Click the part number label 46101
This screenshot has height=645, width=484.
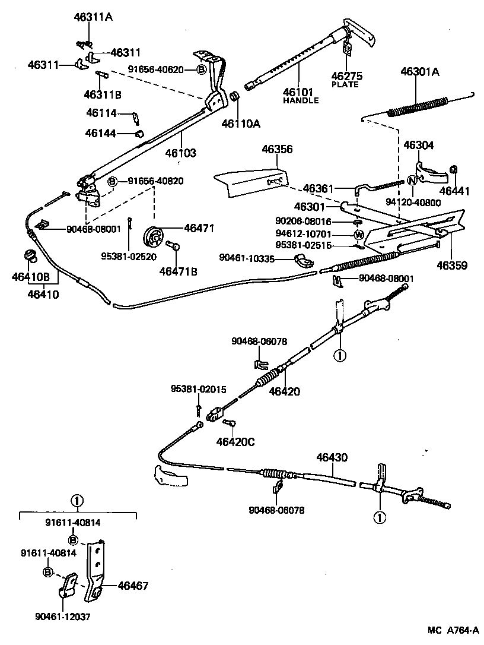297,92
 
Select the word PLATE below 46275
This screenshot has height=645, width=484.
345,84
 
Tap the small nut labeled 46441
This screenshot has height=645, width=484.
454,170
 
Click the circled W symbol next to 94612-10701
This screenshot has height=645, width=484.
359,234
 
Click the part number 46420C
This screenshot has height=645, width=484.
234,442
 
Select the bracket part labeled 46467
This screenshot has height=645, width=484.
95,570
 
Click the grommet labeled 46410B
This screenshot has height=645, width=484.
29,257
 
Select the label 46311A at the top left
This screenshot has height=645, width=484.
94,17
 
